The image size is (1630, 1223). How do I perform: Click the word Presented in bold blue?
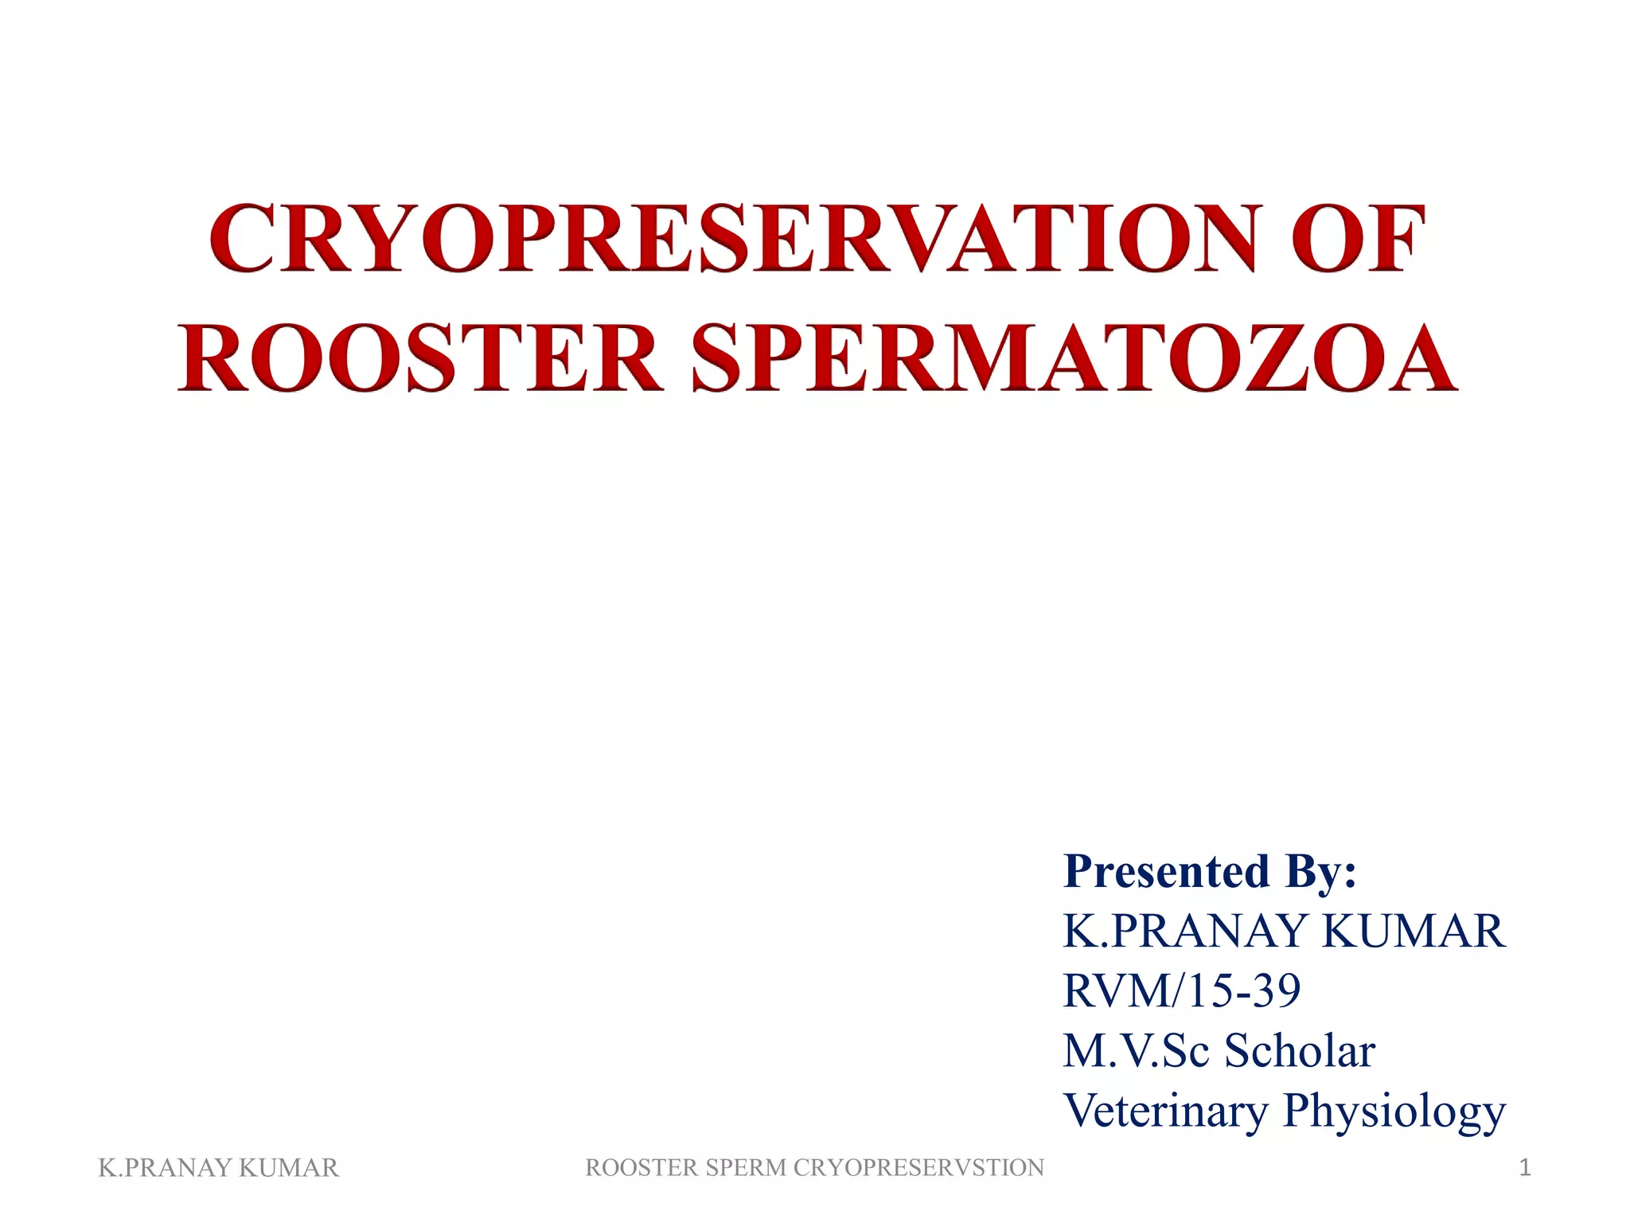click(1166, 871)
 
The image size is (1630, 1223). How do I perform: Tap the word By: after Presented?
click(1320, 871)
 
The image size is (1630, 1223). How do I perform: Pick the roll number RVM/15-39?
click(1182, 991)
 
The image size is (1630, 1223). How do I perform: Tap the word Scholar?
click(1300, 1050)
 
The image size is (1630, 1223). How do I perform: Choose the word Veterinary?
click(1165, 1110)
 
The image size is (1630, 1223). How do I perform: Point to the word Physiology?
click(1394, 1112)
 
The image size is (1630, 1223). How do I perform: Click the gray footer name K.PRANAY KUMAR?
click(218, 1167)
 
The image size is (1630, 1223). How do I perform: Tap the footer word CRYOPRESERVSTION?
click(918, 1167)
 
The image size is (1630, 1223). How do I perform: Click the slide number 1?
click(1524, 1167)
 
